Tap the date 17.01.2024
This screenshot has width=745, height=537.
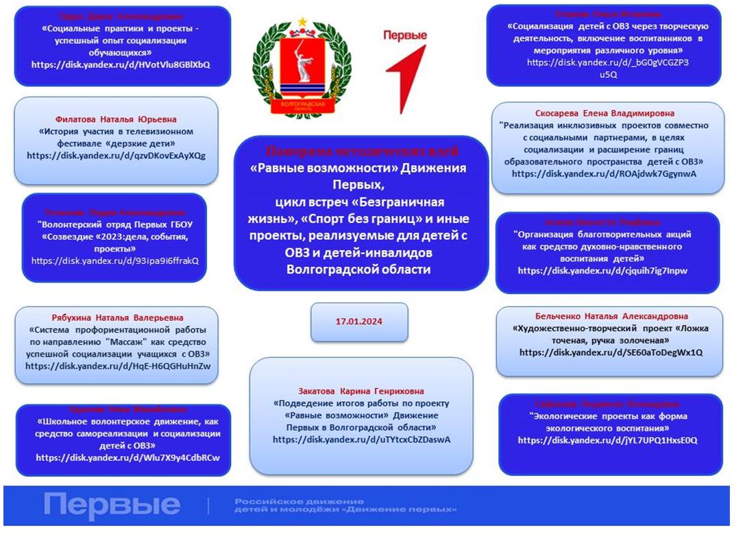(x=358, y=321)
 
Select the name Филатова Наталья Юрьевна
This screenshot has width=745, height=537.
(x=115, y=118)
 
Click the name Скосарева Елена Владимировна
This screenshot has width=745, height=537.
(x=604, y=113)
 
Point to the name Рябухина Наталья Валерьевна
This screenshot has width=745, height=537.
(x=118, y=318)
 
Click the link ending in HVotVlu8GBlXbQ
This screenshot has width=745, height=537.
(x=121, y=64)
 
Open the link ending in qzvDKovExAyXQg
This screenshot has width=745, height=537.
(x=116, y=156)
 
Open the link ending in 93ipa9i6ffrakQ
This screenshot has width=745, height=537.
(x=114, y=261)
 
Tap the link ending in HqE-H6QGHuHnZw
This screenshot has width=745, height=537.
(x=118, y=366)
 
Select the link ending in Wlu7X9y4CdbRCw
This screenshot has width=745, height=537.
(x=123, y=457)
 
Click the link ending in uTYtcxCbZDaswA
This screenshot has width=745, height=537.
(x=361, y=440)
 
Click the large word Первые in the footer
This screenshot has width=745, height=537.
(x=112, y=506)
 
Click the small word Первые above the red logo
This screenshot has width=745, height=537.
(x=404, y=36)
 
